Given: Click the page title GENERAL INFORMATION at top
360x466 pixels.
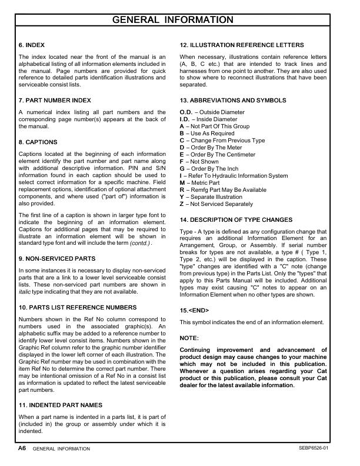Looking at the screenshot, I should coord(181,20).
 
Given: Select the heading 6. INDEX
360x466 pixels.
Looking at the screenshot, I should coord(32,45).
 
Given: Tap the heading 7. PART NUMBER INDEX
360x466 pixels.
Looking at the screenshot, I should coord(55,101).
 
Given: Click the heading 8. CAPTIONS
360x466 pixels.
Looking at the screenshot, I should coord(38,142).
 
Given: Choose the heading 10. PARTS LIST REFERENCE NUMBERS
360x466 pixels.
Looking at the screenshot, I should coord(78,307).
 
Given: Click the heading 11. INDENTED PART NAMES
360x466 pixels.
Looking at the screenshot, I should coord(61,405).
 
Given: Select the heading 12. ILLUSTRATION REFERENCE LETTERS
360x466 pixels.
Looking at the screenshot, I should coord(242,45).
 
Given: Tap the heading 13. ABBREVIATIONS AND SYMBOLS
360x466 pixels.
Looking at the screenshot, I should coord(233,101).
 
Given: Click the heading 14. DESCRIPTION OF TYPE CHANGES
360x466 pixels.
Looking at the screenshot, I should coord(236,219).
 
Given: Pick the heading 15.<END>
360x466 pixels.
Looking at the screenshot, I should coord(194,310).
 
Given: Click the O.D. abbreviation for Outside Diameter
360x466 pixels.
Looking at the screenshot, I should coord(186,112).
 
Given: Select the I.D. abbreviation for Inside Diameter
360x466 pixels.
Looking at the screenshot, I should coord(185,119).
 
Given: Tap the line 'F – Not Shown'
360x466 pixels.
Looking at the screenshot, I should coord(200,162).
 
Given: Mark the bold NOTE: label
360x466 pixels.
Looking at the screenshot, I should coord(189,338).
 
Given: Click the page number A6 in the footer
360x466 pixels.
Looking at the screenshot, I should coord(22,448).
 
